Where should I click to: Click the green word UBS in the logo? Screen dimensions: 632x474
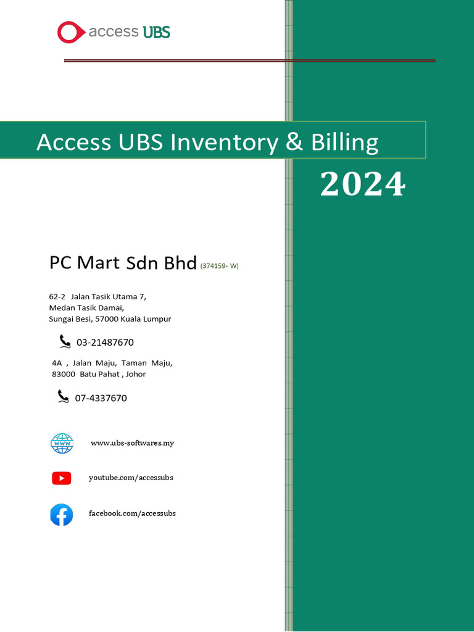[156, 32]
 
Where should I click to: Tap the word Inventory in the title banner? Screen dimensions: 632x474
[223, 143]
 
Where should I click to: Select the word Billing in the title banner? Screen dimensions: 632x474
[344, 143]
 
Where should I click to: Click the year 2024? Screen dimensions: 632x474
[362, 184]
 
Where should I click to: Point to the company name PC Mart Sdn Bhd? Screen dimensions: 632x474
[123, 262]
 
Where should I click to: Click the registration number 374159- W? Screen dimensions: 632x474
[220, 266]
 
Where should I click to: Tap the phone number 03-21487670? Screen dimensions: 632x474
[105, 343]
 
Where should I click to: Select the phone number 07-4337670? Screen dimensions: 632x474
[101, 398]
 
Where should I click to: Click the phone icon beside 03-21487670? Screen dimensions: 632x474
[65, 341]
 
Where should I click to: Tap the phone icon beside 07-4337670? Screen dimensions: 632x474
[63, 396]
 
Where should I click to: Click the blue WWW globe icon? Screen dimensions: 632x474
[62, 443]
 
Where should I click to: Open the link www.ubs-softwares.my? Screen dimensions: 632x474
[132, 443]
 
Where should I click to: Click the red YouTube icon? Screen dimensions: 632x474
[62, 478]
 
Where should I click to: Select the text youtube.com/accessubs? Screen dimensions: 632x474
[131, 478]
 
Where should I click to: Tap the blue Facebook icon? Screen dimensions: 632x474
[62, 514]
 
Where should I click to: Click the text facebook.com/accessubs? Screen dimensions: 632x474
[132, 513]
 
